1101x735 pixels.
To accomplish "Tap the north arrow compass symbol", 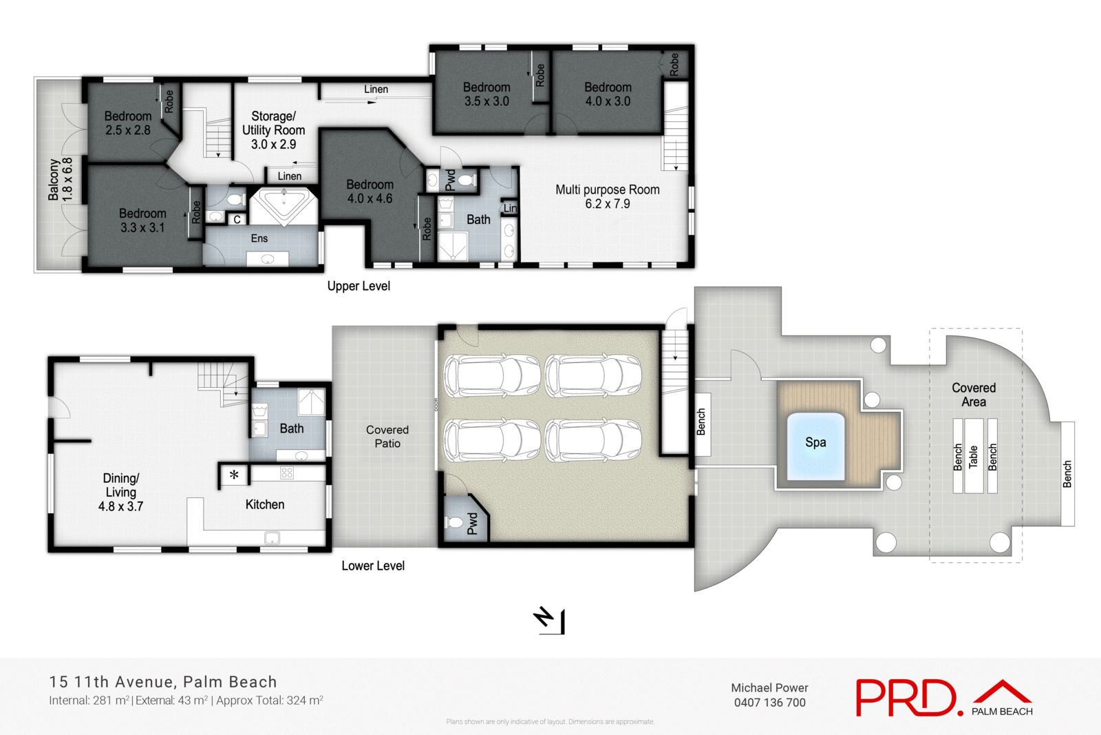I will [550, 620].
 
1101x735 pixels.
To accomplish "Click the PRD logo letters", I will [907, 697].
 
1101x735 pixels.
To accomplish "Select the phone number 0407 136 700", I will [769, 703].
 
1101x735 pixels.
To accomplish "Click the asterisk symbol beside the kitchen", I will [234, 475].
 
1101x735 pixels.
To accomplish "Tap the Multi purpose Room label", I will [607, 196].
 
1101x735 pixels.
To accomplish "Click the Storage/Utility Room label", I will [273, 130].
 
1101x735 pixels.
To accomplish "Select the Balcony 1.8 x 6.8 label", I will [60, 179].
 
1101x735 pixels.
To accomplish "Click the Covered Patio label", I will [387, 436].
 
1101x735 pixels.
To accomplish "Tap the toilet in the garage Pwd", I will [455, 523].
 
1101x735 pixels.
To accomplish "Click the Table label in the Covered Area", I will [973, 457].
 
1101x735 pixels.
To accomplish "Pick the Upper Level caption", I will [359, 286].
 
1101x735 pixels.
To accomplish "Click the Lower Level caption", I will [373, 566].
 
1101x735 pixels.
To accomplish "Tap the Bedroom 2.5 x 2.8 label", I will [128, 123].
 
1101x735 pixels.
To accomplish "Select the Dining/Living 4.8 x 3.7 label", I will [120, 492].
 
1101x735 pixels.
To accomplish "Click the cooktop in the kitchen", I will [287, 473].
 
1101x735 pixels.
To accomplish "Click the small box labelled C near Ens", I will [237, 220].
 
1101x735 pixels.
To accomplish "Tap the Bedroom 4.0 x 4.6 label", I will [370, 191].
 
